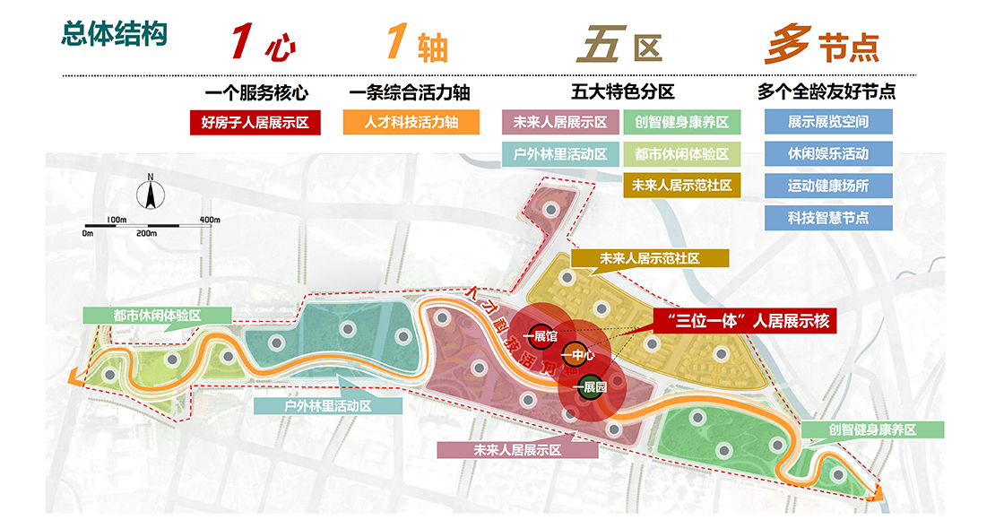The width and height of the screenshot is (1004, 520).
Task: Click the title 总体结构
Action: (113, 35)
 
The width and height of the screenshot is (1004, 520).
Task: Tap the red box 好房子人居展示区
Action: (255, 122)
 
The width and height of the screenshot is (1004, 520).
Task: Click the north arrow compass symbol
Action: (151, 193)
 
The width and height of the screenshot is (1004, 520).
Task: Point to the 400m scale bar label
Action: (210, 220)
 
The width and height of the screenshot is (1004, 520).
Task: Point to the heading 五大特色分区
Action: (622, 91)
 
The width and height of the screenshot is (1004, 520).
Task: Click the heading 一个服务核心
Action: (256, 91)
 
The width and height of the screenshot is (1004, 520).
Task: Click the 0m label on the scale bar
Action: (87, 233)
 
